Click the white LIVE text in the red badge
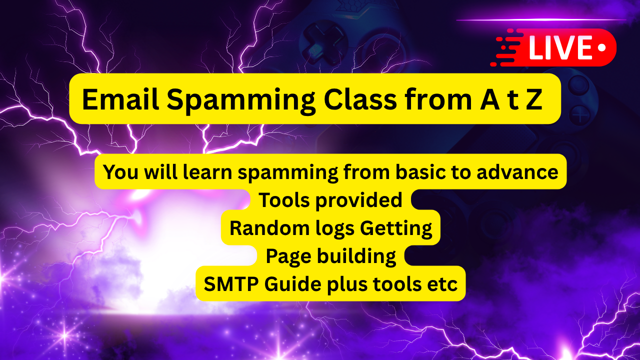pos(560,47)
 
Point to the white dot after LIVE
pos(601,47)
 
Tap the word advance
pos(517,172)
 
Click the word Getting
pos(395,228)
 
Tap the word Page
pos(288,256)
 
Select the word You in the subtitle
pos(121,172)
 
